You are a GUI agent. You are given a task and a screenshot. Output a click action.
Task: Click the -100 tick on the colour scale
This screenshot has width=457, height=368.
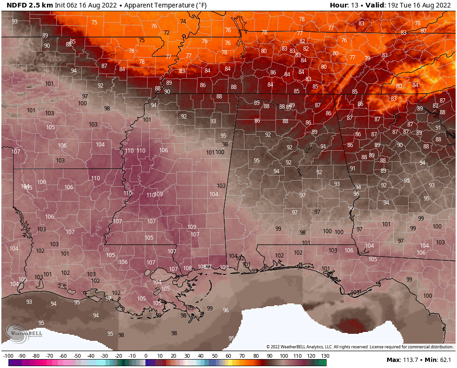click(x=8, y=356)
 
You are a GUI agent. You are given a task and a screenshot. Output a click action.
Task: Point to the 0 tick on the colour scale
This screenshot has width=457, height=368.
click(x=145, y=356)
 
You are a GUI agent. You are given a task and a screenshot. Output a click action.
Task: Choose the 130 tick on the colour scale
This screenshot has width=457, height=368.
click(x=325, y=356)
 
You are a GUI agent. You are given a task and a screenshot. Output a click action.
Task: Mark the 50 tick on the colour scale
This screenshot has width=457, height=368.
click(x=214, y=356)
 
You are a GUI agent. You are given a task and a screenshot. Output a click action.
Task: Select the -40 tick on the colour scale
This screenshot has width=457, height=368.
click(x=91, y=356)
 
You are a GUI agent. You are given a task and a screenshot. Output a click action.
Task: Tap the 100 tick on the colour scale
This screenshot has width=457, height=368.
click(x=283, y=356)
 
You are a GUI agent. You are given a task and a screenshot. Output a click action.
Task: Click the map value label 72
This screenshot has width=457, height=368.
click(x=167, y=33)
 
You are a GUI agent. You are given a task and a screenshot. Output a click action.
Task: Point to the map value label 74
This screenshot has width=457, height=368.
click(x=183, y=22)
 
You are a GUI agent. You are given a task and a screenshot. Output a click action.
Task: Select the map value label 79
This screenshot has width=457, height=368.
click(x=367, y=59)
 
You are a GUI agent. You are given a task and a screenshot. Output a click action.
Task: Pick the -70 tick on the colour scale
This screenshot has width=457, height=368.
click(x=49, y=356)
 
